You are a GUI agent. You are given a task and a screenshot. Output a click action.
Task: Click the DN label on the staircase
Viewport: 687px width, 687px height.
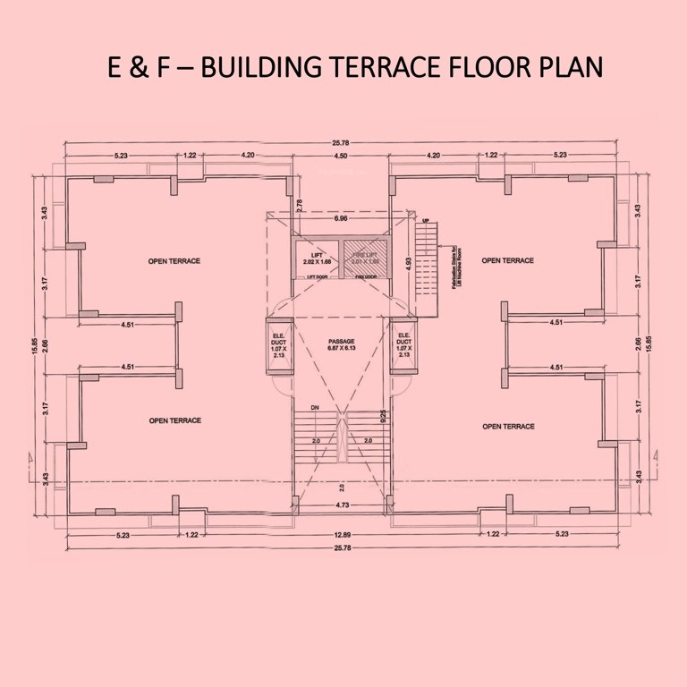[315, 408]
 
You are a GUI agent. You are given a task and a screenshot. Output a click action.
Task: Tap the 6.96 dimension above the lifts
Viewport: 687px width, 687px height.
[341, 218]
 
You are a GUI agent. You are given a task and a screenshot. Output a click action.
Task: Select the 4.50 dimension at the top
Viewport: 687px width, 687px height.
[341, 156]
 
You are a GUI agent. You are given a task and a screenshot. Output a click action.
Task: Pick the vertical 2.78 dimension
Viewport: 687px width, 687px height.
[299, 206]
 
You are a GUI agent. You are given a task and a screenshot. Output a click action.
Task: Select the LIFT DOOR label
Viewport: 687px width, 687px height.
[316, 277]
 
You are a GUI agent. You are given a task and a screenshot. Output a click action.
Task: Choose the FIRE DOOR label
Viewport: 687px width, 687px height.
[365, 277]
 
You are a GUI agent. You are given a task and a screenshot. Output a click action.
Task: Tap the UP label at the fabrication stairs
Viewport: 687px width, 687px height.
[428, 220]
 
